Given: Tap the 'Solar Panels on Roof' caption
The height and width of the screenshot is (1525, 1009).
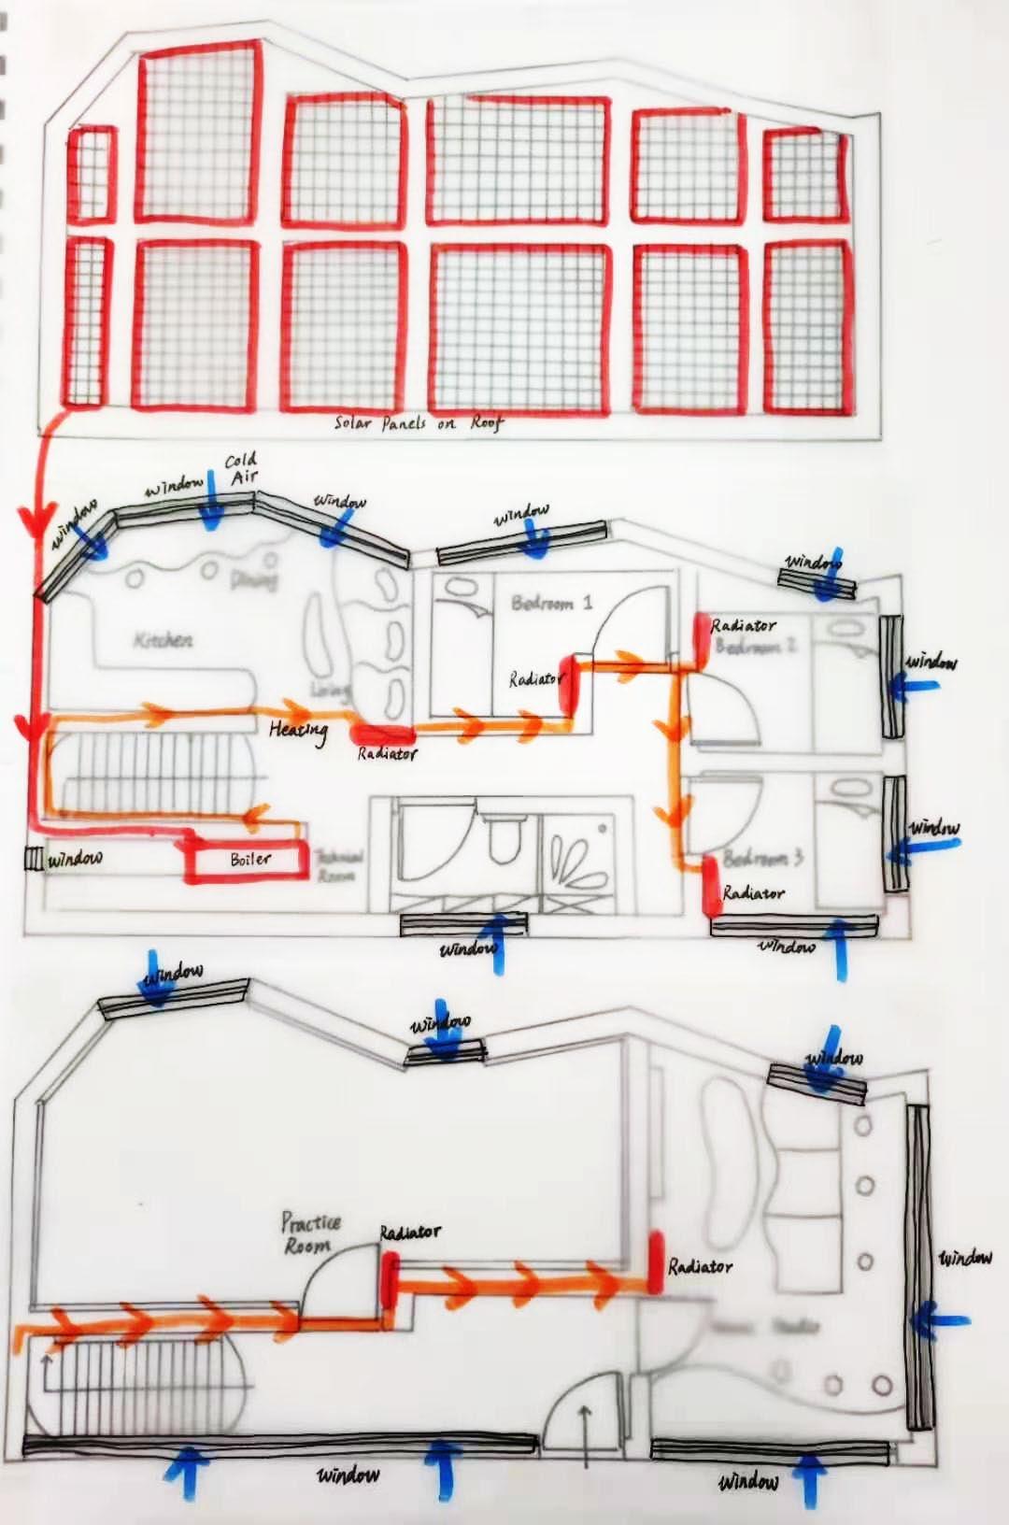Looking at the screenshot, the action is (x=419, y=423).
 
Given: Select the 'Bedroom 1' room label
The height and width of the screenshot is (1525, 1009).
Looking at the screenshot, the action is (x=551, y=603).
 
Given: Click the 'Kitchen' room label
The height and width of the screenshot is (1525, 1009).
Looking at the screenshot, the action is (x=163, y=640).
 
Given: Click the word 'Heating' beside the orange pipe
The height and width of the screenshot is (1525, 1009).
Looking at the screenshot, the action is (x=298, y=730).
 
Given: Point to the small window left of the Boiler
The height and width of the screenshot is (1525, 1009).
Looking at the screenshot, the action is (x=35, y=858).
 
